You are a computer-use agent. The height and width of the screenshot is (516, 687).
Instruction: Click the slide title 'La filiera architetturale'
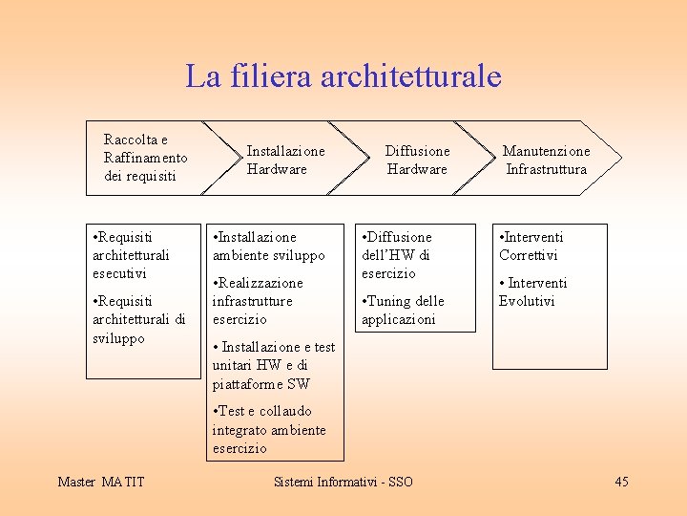pyautogui.click(x=343, y=75)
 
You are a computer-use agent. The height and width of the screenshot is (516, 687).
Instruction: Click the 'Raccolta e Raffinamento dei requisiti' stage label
pyautogui.click(x=145, y=158)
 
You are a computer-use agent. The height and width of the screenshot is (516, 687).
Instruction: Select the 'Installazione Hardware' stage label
pyautogui.click(x=285, y=160)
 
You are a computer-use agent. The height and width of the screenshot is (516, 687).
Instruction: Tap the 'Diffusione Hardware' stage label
pyautogui.click(x=417, y=160)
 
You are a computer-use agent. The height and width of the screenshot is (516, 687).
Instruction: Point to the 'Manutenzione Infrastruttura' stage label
pyautogui.click(x=546, y=160)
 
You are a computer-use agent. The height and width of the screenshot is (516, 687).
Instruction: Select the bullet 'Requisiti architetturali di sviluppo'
pyautogui.click(x=137, y=319)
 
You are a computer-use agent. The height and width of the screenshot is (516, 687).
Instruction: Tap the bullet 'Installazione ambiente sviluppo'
pyautogui.click(x=268, y=246)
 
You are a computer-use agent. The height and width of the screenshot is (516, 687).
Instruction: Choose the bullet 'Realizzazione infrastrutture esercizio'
pyautogui.click(x=258, y=301)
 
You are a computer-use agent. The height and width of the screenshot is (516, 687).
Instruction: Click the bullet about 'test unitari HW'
pyautogui.click(x=273, y=365)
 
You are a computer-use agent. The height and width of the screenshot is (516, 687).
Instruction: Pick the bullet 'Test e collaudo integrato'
pyautogui.click(x=268, y=429)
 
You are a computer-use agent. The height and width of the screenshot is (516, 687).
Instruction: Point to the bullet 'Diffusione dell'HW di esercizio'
pyautogui.click(x=397, y=254)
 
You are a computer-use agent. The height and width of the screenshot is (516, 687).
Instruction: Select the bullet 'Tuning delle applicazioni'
pyautogui.click(x=403, y=310)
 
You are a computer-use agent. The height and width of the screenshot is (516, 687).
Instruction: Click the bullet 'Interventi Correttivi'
pyautogui.click(x=531, y=246)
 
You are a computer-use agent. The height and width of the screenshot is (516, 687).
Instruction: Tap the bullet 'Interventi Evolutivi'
pyautogui.click(x=532, y=291)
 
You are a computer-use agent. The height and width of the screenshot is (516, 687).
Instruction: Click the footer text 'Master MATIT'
pyautogui.click(x=100, y=482)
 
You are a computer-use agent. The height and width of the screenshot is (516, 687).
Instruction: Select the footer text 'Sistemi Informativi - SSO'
pyautogui.click(x=343, y=482)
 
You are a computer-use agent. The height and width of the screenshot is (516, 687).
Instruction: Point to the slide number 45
pyautogui.click(x=621, y=482)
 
